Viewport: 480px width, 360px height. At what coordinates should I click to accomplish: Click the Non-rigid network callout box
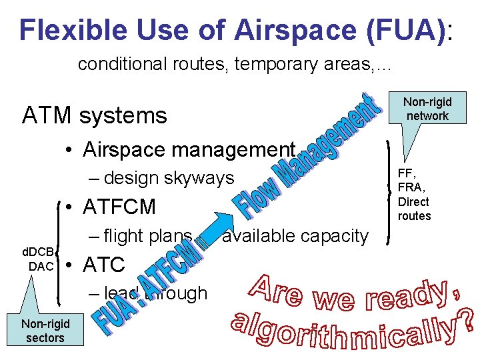point(427,109)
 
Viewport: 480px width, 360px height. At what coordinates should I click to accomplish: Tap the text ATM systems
point(94,116)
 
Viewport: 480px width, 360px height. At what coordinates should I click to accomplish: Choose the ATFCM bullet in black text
point(120,207)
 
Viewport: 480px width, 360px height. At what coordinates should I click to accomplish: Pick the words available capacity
point(295,235)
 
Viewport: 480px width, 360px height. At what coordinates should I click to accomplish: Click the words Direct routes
point(414,209)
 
